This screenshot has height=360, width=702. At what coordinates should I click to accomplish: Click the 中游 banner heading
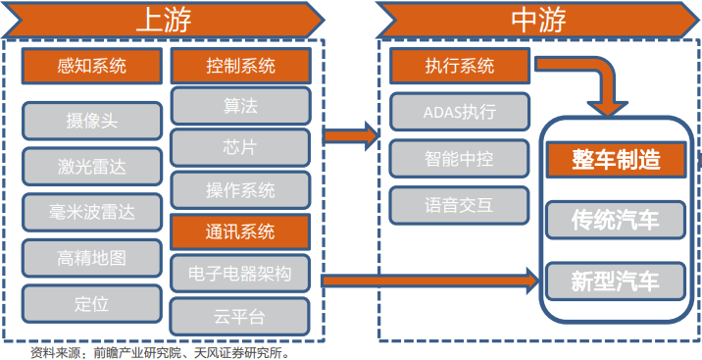(538, 21)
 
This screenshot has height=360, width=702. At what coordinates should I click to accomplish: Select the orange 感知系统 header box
(92, 67)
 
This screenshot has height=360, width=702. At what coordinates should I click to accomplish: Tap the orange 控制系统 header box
(240, 67)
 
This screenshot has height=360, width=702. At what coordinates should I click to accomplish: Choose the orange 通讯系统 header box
(240, 232)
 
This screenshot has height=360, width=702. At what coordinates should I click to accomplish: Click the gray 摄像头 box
(92, 121)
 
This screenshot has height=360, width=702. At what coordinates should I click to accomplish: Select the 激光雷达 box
(92, 166)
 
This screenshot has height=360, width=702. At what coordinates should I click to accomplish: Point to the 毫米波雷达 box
(92, 212)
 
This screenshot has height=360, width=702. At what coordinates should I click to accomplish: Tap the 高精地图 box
(92, 258)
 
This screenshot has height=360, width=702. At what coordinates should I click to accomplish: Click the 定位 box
(92, 304)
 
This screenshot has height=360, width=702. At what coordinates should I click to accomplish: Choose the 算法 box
(240, 105)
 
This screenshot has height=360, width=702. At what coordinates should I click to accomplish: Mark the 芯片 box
(240, 147)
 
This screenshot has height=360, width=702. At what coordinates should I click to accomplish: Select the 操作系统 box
(240, 189)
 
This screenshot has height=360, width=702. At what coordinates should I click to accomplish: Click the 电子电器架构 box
(240, 273)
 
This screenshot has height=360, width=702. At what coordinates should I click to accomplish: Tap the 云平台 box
(240, 316)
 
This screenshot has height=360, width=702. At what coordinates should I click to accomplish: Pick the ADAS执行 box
(459, 112)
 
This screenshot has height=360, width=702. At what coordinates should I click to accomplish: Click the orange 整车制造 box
(616, 158)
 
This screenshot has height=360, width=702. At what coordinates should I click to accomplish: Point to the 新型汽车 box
(616, 282)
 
